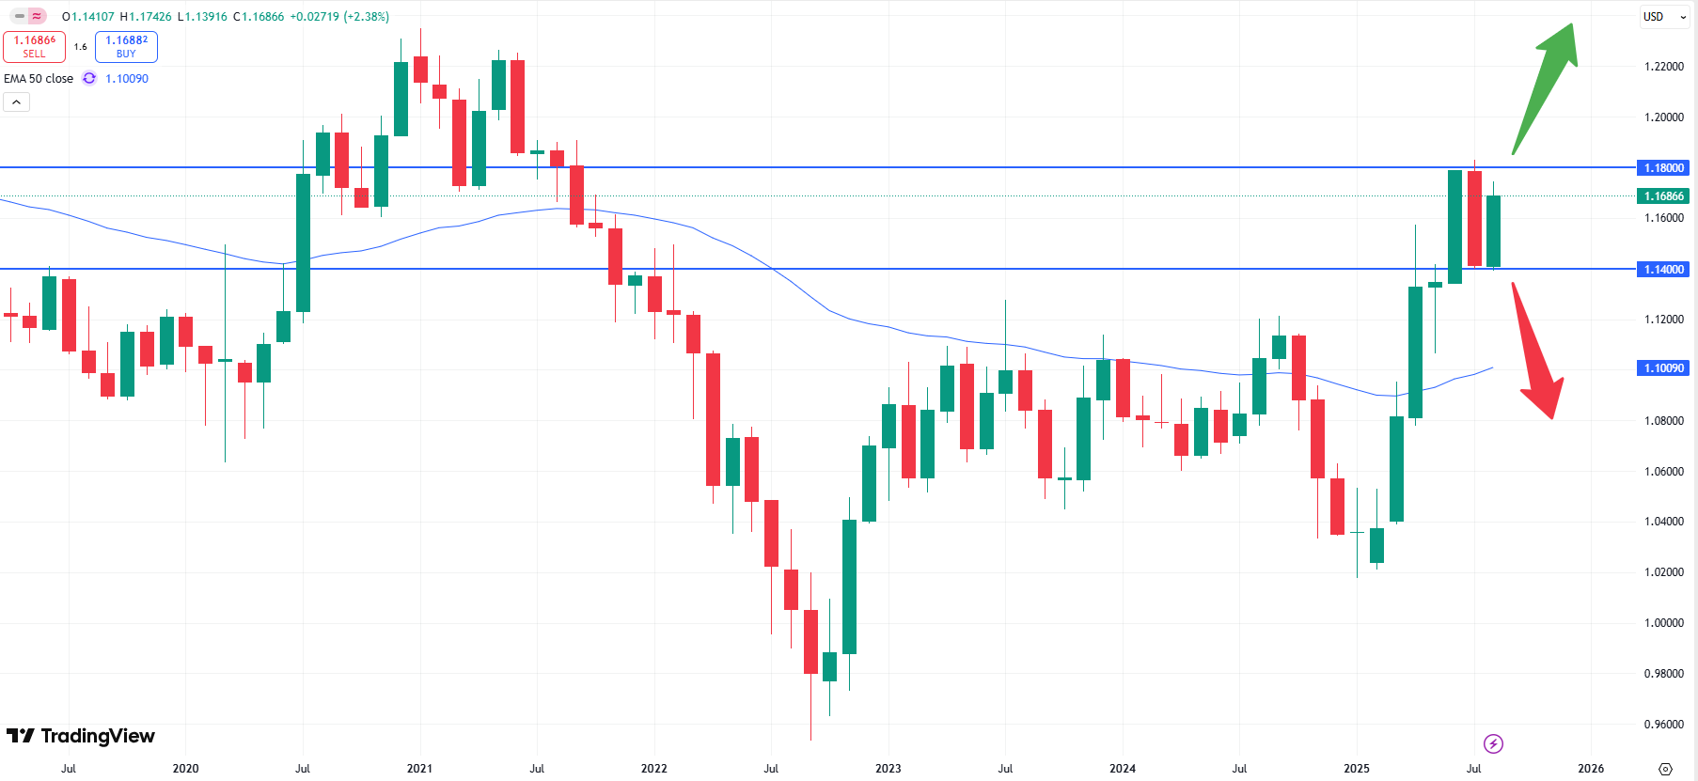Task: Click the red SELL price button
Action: [34, 46]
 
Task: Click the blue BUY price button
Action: [126, 46]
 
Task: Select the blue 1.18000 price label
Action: [1663, 167]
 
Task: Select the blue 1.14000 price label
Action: [1663, 269]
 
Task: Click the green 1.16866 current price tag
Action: [1663, 195]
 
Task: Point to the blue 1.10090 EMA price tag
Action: [1663, 367]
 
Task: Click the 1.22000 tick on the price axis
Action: [1663, 67]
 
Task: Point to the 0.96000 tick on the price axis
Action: [1663, 724]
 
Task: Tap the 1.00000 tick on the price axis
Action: [1663, 622]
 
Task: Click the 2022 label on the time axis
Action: [653, 768]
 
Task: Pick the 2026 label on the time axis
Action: [1591, 768]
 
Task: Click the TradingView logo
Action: [81, 736]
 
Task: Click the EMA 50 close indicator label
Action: [39, 79]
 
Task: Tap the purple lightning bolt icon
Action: [1493, 744]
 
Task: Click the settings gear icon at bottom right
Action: [1665, 769]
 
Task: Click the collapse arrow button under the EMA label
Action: [16, 102]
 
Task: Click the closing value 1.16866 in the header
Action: [262, 17]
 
